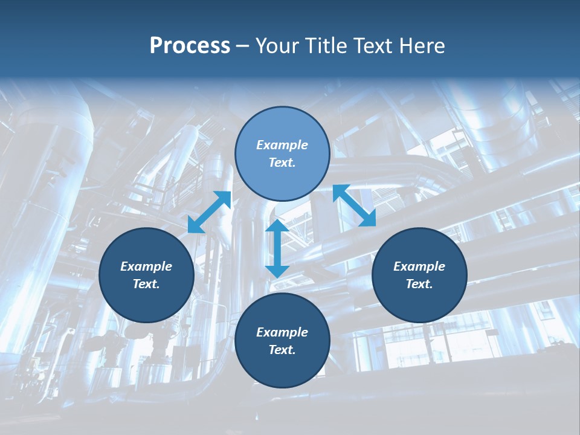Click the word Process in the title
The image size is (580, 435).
click(x=190, y=46)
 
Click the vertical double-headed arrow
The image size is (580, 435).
click(x=277, y=248)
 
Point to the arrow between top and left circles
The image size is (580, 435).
click(x=209, y=212)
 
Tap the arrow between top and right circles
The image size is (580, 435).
click(x=355, y=205)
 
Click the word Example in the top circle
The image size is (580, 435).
click(x=282, y=145)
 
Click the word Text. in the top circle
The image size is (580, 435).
click(x=282, y=163)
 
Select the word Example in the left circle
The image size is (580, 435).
click(x=146, y=266)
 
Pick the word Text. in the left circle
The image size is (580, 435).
click(x=146, y=284)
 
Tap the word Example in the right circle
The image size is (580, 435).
click(x=419, y=266)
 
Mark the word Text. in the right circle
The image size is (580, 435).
click(x=419, y=284)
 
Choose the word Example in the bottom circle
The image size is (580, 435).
click(x=282, y=332)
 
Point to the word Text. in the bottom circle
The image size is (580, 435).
click(x=282, y=350)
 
